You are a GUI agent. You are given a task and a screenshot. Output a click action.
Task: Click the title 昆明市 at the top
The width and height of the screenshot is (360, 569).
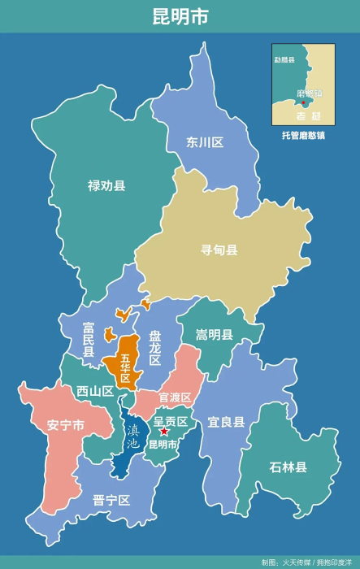(180, 17)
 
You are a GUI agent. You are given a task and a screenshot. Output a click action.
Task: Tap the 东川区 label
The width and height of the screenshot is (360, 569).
(205, 143)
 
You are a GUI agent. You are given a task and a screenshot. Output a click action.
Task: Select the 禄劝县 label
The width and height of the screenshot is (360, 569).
(106, 186)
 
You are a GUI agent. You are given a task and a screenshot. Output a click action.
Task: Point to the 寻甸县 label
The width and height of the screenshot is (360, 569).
(219, 250)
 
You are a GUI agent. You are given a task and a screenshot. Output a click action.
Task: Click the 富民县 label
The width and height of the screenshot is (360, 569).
(89, 340)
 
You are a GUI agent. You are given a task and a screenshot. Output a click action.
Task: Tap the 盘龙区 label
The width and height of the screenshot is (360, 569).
(154, 348)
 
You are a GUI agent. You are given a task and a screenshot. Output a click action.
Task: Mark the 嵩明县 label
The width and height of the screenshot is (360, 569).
(215, 335)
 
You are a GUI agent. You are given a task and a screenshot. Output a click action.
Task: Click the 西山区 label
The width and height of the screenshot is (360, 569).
(95, 391)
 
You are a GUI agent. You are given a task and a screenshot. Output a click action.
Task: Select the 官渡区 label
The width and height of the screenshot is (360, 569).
(175, 397)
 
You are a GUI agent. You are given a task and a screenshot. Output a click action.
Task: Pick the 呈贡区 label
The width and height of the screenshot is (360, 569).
(171, 421)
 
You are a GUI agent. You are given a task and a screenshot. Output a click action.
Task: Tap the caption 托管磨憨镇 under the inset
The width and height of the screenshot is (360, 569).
(303, 135)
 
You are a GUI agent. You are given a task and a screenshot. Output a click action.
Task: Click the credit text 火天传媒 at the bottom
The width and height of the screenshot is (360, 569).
(298, 562)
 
